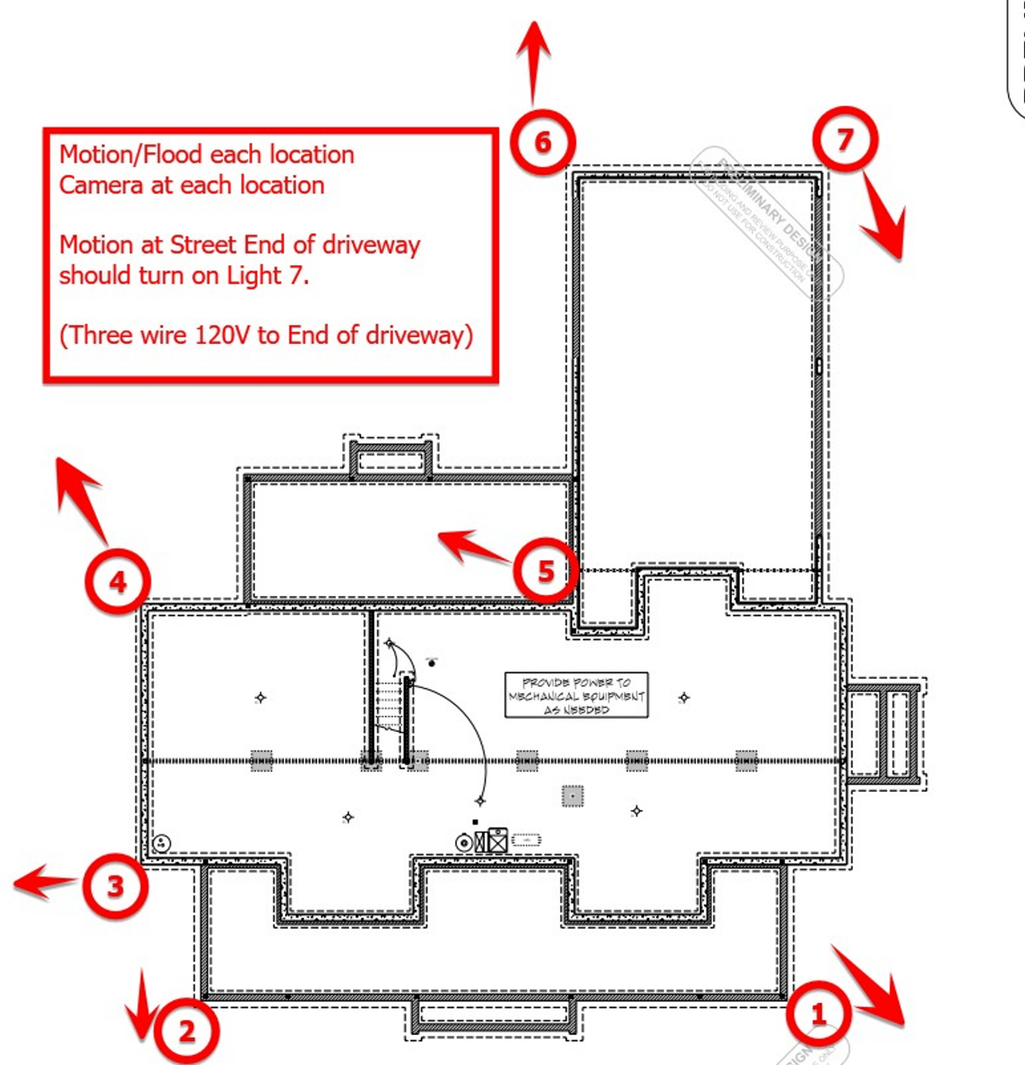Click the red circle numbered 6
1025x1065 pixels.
click(x=542, y=142)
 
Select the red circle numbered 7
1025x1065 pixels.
click(x=845, y=139)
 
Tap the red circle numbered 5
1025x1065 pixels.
click(x=545, y=570)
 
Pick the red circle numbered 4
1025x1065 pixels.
click(x=118, y=582)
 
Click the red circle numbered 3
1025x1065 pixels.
click(x=115, y=886)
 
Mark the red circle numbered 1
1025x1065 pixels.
click(x=818, y=1014)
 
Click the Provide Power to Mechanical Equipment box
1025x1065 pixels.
click(x=576, y=696)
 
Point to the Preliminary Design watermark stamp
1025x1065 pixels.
click(x=765, y=220)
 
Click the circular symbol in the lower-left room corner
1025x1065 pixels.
click(x=162, y=844)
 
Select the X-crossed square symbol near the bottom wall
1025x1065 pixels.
click(x=497, y=840)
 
